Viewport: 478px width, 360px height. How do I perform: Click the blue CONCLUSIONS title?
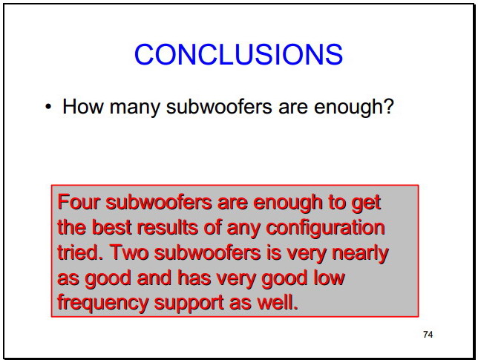(239, 54)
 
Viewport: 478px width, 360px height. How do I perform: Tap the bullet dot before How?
(48, 107)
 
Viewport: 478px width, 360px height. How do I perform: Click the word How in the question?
(82, 106)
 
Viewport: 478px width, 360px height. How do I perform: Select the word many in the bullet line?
(134, 108)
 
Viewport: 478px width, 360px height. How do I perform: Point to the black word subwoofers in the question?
(219, 106)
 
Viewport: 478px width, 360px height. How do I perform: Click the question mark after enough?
(388, 106)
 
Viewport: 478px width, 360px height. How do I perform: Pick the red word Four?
(79, 202)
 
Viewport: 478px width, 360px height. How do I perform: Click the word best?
(111, 227)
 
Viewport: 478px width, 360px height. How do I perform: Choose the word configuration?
(326, 229)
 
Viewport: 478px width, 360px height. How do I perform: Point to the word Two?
(129, 252)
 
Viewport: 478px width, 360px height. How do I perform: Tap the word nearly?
(360, 254)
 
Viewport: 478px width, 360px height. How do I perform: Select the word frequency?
(102, 304)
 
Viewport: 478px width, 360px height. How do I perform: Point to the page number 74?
(428, 335)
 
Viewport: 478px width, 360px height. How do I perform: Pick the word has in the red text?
(194, 278)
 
